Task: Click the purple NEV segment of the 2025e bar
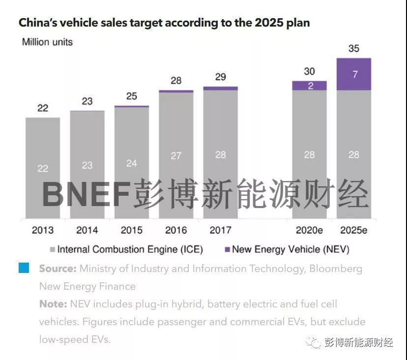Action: pos(353,74)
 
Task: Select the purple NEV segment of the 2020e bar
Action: pos(309,86)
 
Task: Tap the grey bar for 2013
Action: pos(43,168)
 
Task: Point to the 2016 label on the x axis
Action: pos(176,230)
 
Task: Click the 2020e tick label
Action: pos(309,230)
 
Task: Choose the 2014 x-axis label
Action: pos(87,230)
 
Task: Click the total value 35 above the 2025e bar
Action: pos(353,49)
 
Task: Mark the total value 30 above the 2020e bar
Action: pos(309,71)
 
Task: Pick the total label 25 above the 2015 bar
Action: pos(131,96)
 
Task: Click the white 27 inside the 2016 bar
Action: pos(176,156)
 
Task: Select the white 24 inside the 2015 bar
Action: pos(131,163)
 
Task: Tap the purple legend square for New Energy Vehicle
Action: pos(227,250)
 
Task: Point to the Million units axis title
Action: pos(47,42)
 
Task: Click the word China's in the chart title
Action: pos(36,23)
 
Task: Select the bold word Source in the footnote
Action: pos(58,269)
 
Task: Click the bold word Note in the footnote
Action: pos(52,304)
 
